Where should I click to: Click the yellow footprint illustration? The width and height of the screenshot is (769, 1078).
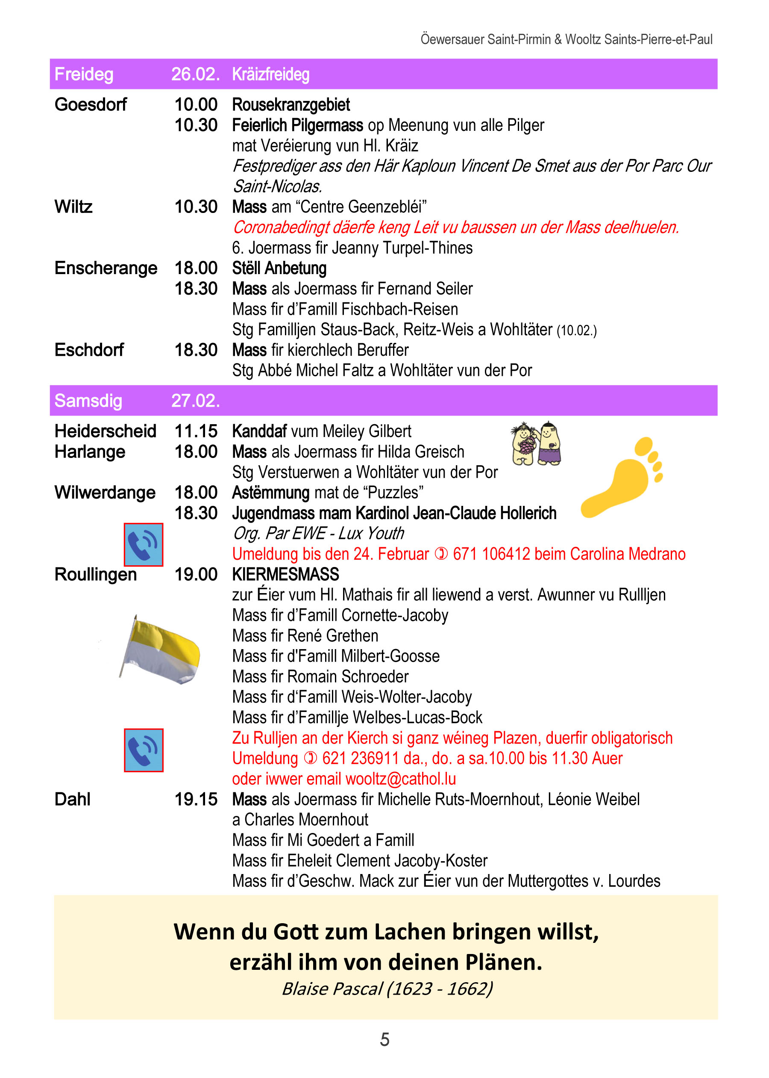621,477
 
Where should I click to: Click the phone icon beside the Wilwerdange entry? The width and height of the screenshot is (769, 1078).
144,544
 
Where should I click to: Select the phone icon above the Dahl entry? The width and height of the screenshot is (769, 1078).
144,750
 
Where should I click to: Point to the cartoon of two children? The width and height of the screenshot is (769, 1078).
536,443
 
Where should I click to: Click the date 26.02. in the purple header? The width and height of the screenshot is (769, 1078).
195,74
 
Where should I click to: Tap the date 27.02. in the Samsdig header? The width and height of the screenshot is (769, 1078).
195,401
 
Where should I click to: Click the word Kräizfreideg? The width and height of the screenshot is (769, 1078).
270,74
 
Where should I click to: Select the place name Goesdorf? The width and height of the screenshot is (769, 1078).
91,105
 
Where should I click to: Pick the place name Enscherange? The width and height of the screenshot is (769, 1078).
106,268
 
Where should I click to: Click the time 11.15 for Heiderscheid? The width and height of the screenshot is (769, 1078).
196,431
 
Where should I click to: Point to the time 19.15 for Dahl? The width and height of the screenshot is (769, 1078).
196,799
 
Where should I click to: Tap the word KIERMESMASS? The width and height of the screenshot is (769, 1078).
285,574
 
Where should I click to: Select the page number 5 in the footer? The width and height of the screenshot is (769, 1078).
384,1040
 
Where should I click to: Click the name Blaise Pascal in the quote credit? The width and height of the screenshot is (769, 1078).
332,989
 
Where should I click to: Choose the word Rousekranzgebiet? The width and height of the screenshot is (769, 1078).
291,105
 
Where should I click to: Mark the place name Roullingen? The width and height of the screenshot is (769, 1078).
95,574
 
